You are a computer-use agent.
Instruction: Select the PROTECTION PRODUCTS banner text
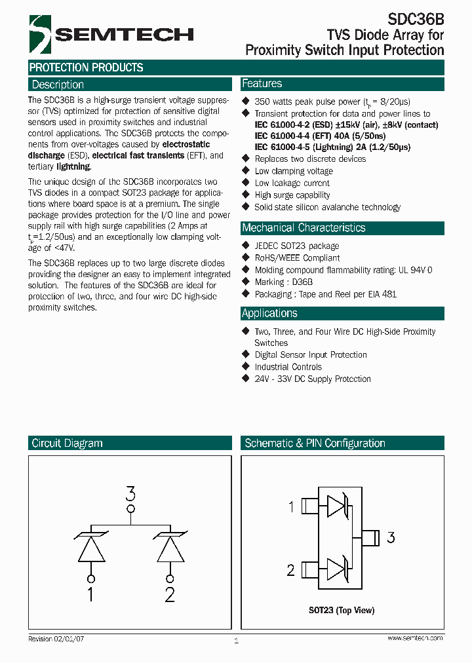(87, 67)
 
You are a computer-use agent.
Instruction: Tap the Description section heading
(58, 85)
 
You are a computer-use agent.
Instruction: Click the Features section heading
(262, 84)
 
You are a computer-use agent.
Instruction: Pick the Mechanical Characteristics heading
(304, 228)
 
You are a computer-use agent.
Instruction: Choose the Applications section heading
(269, 313)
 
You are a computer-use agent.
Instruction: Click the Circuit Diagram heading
(67, 444)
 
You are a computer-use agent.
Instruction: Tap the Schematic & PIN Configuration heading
(315, 444)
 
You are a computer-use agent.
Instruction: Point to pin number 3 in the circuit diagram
(130, 493)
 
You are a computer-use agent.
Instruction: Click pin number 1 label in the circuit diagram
(90, 594)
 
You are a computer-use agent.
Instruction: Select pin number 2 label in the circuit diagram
(170, 594)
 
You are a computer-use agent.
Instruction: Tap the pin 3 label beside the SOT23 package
(391, 538)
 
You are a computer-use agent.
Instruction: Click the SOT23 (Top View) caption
(342, 611)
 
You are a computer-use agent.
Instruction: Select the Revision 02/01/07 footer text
(56, 638)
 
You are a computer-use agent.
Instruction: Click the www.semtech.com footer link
(415, 638)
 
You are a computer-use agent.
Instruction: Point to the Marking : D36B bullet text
(284, 282)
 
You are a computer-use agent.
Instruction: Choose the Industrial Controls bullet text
(288, 367)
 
